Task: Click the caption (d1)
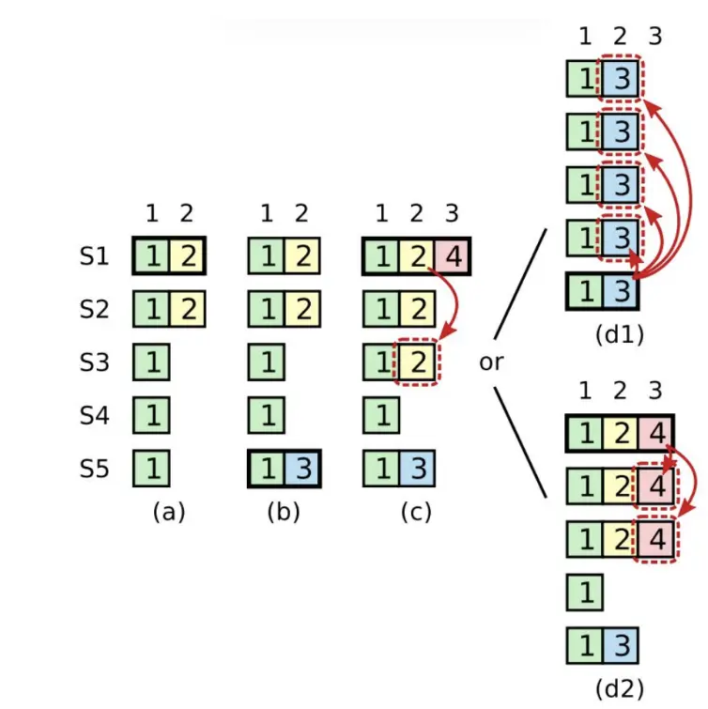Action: click(x=620, y=333)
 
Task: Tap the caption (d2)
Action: click(x=620, y=688)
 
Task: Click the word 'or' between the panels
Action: click(x=491, y=362)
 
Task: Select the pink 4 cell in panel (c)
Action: click(x=452, y=255)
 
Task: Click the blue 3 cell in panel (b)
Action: click(x=301, y=469)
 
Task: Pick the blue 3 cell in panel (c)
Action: click(x=417, y=469)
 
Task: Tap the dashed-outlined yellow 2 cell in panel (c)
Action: click(x=417, y=362)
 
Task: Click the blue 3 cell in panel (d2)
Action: click(x=619, y=648)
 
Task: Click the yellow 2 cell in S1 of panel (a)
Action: click(x=187, y=255)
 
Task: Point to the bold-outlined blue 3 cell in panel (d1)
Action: click(x=619, y=291)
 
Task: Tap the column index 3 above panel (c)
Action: click(x=452, y=214)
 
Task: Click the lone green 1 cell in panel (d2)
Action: click(x=584, y=593)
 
